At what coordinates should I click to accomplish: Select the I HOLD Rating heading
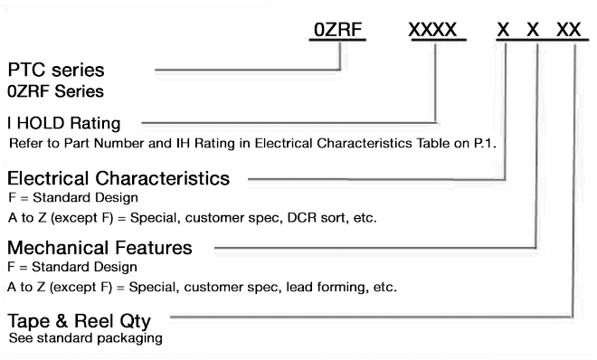(69, 121)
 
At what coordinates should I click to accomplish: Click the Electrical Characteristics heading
(118, 177)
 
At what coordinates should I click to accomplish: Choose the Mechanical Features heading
(100, 246)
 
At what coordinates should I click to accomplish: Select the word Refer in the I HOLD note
(26, 143)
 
